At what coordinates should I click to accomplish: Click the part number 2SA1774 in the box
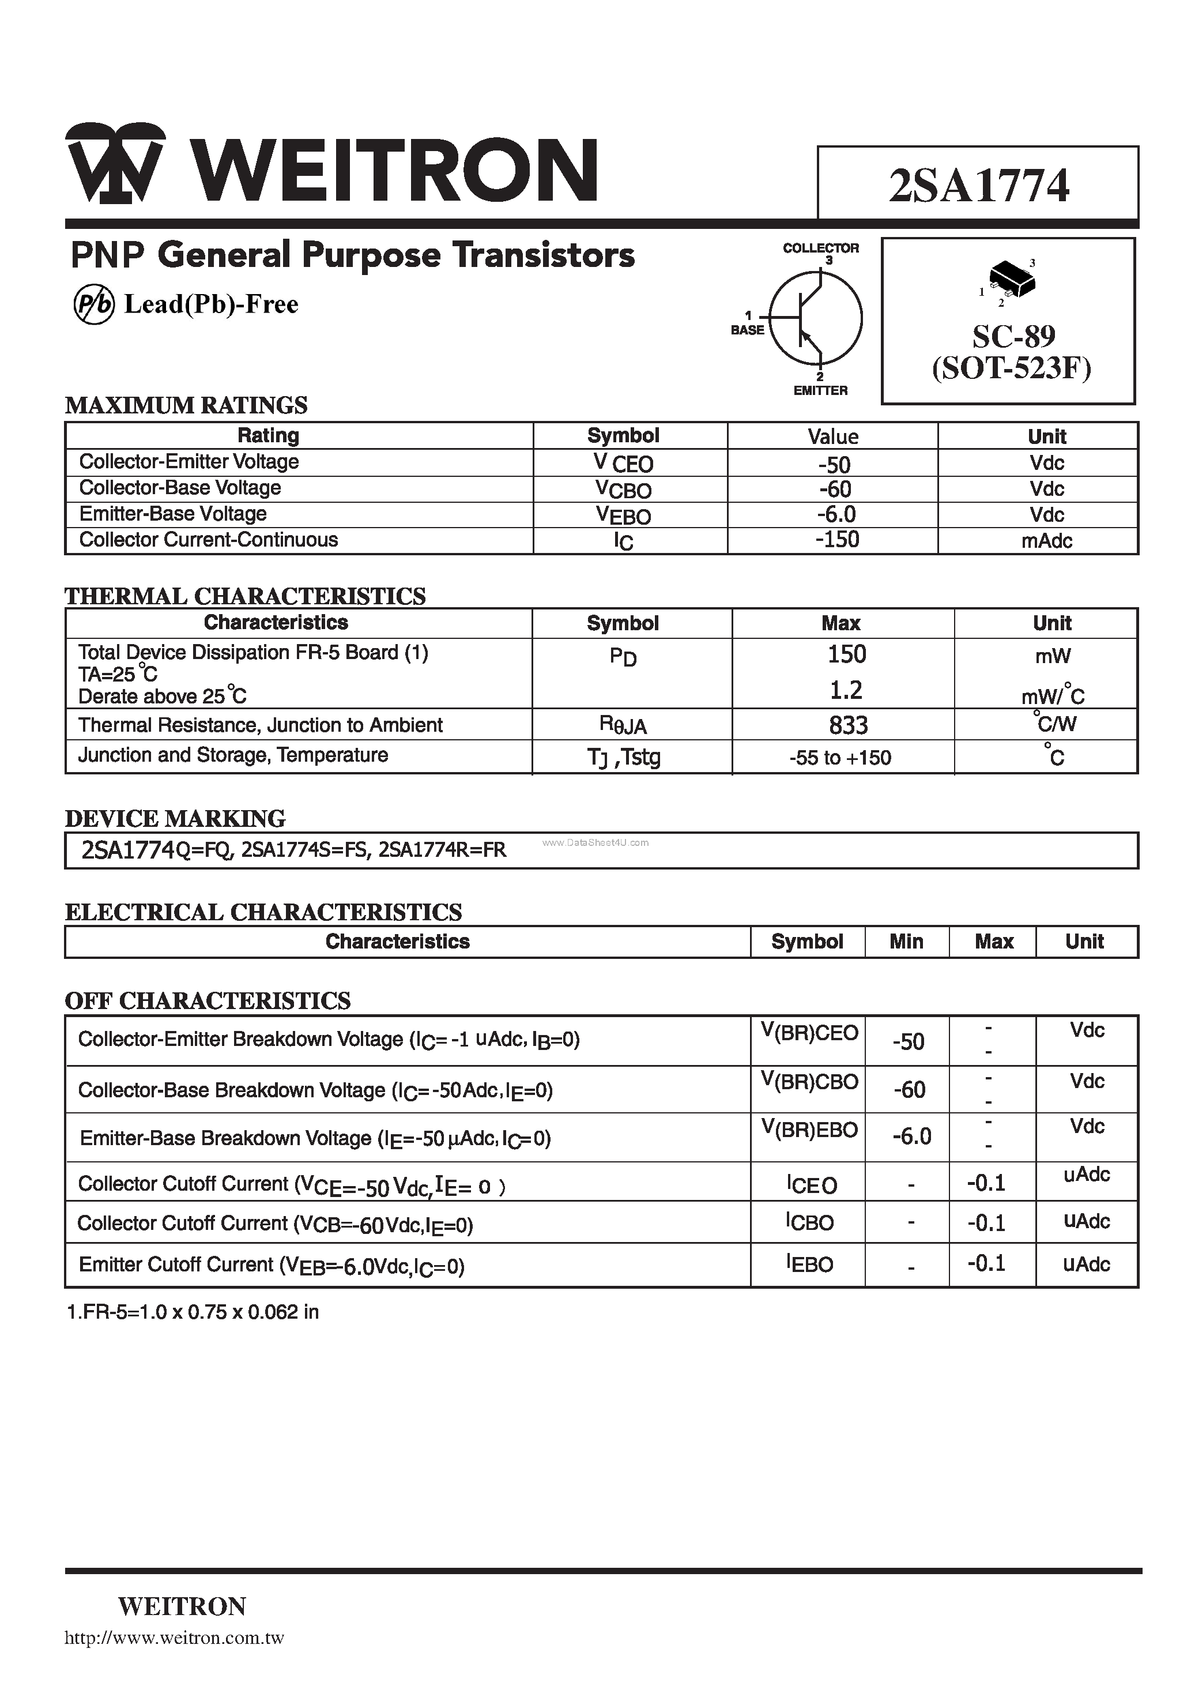[978, 186]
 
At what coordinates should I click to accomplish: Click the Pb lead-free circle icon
[94, 305]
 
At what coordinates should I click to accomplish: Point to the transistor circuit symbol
[815, 318]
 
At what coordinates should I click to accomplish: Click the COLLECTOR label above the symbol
[820, 248]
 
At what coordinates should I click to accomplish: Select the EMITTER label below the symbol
[820, 391]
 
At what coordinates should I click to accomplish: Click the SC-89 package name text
[1013, 336]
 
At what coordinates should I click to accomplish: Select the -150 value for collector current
[837, 540]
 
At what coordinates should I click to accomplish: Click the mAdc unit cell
[1046, 541]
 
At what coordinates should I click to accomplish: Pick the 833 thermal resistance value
[848, 725]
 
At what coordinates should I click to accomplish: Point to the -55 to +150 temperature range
[840, 758]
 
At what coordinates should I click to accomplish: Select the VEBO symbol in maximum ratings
[623, 515]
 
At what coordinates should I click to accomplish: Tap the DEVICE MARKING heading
[175, 818]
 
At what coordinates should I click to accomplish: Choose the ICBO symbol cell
[810, 1222]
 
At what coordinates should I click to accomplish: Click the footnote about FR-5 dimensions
[193, 1312]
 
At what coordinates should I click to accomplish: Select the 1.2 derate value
[846, 690]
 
